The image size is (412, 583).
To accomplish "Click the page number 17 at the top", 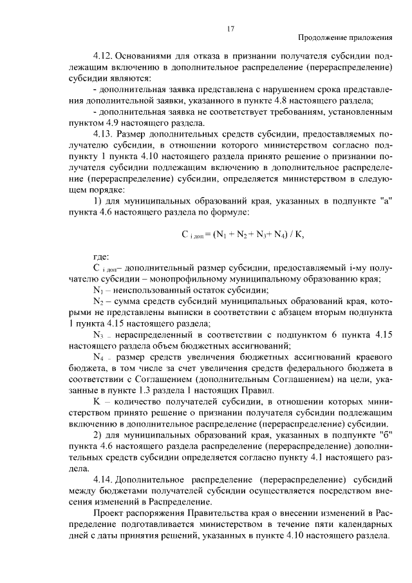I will coord(230,28).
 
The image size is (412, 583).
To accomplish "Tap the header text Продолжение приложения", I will coord(346,39).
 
